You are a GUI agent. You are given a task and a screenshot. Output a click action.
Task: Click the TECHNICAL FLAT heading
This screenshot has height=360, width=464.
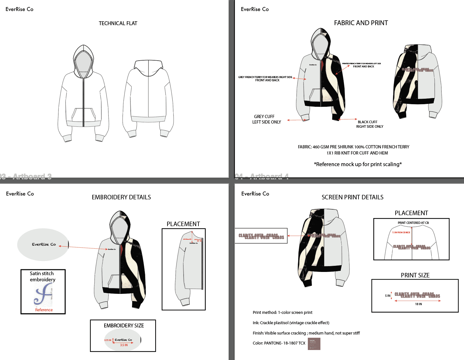(118, 23)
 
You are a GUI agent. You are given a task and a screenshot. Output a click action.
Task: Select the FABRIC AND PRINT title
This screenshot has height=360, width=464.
(361, 23)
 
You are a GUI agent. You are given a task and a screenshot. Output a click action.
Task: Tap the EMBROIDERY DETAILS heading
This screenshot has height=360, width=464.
(121, 197)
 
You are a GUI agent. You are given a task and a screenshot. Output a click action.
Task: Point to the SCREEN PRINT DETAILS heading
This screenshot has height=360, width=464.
(352, 197)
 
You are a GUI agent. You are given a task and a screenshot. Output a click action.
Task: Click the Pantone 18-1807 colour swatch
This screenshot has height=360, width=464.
(314, 344)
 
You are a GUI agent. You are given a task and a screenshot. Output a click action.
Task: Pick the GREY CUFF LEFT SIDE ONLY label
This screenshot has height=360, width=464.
(267, 119)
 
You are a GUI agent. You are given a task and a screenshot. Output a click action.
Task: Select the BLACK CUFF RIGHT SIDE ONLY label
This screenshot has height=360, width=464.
(369, 124)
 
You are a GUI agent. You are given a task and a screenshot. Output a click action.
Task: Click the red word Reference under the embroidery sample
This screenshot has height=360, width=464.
(44, 310)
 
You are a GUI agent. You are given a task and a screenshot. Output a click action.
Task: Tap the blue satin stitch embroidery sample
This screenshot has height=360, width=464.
(43, 294)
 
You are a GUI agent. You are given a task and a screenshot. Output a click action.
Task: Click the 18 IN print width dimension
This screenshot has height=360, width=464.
(419, 304)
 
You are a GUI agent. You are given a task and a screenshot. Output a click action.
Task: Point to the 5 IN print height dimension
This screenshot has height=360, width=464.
(388, 296)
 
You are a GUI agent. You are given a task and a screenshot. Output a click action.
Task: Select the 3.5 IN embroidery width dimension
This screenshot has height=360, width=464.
(124, 345)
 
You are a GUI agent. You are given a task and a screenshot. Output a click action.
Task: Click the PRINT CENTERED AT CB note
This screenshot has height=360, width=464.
(413, 223)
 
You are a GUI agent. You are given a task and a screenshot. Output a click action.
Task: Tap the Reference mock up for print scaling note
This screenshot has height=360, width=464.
(358, 164)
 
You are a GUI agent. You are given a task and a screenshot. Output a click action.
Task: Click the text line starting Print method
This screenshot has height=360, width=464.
(282, 312)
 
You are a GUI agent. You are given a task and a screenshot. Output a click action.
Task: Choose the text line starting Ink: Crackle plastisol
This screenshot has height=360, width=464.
(291, 323)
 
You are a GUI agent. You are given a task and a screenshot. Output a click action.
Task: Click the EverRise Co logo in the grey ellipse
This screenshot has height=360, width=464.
(44, 245)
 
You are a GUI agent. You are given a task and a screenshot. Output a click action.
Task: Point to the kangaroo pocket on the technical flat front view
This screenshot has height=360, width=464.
(83, 115)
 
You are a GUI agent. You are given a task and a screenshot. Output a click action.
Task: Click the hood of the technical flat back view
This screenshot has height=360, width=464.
(148, 66)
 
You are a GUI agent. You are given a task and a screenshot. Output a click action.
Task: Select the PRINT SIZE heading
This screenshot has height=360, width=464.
(415, 275)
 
